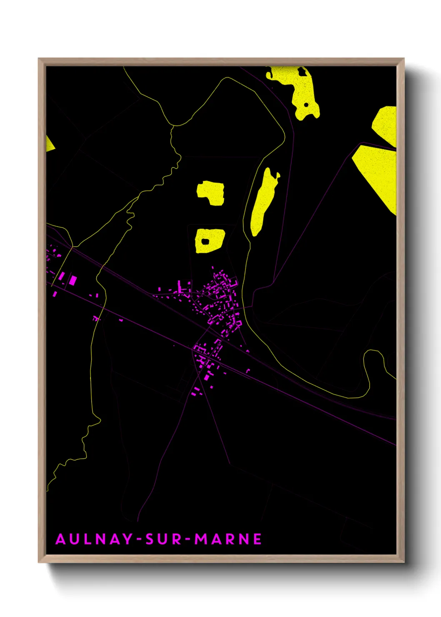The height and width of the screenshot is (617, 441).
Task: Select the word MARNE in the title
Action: click(x=228, y=539)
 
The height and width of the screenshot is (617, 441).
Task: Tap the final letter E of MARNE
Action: click(x=257, y=539)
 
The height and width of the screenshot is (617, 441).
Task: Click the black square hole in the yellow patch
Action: click(x=205, y=241)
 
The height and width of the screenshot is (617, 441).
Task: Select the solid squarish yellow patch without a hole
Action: click(x=211, y=193)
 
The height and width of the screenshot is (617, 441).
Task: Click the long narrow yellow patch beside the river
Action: click(x=263, y=202)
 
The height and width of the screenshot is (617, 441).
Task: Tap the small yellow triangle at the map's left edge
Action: click(x=49, y=144)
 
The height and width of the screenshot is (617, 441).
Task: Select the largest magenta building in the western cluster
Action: click(x=73, y=280)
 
